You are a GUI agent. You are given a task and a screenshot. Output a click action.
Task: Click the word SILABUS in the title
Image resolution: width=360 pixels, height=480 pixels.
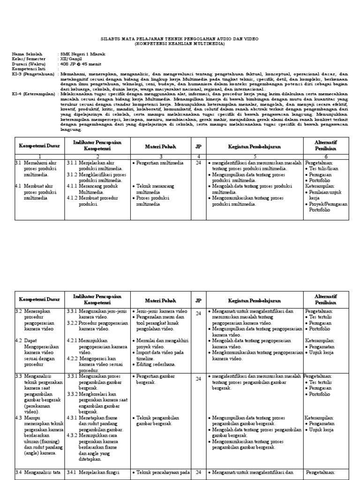click(112, 38)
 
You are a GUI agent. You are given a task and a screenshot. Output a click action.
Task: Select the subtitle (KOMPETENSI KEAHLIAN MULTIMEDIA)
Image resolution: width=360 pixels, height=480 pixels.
click(180, 43)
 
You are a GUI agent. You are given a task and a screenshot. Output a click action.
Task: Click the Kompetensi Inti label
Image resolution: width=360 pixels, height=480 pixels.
click(28, 68)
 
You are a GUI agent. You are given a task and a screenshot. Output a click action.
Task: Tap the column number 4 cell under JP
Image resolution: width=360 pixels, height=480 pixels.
click(198, 156)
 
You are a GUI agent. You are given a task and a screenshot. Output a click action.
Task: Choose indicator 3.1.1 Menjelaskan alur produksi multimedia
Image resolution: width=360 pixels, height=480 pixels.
click(96, 165)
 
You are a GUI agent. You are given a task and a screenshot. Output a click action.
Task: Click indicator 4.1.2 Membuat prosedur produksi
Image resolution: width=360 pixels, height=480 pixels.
click(96, 201)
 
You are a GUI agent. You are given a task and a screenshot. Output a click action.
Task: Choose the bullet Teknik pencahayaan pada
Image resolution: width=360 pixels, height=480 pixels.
click(161, 472)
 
